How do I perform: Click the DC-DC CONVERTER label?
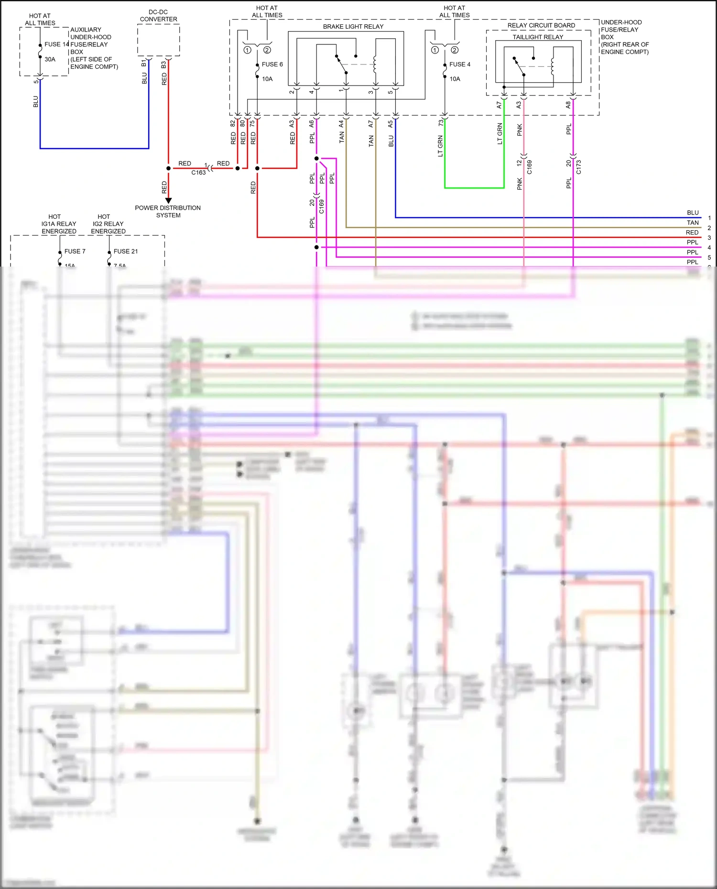click(x=158, y=16)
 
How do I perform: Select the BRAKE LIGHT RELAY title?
click(x=353, y=27)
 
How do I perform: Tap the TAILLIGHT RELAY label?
click(x=538, y=37)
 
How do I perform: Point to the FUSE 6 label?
click(x=272, y=64)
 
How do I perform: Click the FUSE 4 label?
click(x=459, y=64)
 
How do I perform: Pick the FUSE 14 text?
click(x=56, y=44)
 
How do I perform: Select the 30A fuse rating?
click(x=50, y=60)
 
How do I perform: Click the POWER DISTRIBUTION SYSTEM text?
click(x=168, y=212)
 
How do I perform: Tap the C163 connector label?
click(x=198, y=173)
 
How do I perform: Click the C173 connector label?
click(x=579, y=167)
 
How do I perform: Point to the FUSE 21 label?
click(x=125, y=251)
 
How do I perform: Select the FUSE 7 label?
click(x=75, y=251)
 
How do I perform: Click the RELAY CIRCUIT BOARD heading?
click(x=541, y=25)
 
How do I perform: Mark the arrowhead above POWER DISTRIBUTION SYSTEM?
click(x=168, y=201)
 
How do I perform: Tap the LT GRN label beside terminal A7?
click(x=500, y=134)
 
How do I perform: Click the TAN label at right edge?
click(x=693, y=223)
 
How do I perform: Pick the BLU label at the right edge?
click(x=693, y=213)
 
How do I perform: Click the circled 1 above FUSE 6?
click(x=247, y=50)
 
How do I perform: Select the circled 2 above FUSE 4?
click(x=455, y=50)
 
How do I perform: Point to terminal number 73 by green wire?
click(x=441, y=123)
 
